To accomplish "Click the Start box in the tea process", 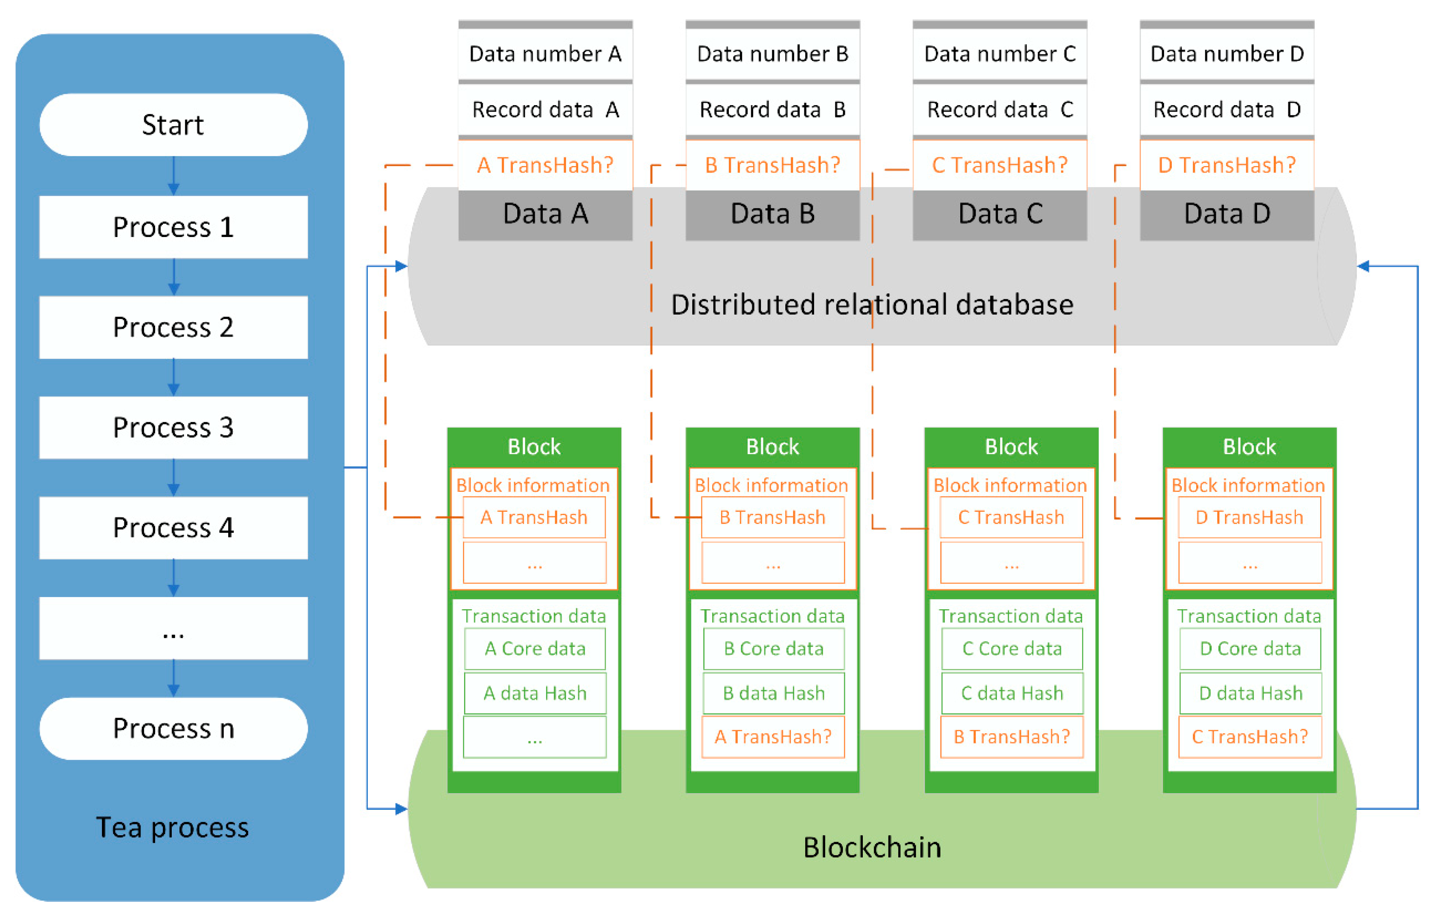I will click(x=173, y=125).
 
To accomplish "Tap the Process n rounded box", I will click(x=173, y=728).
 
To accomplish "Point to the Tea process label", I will click(x=172, y=828).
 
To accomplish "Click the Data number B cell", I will click(x=772, y=54).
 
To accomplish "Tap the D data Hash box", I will click(x=1250, y=693).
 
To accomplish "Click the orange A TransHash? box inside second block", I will click(x=773, y=737).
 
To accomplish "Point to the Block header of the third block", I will click(x=1011, y=447).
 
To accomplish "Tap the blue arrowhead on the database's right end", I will click(x=1364, y=266).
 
